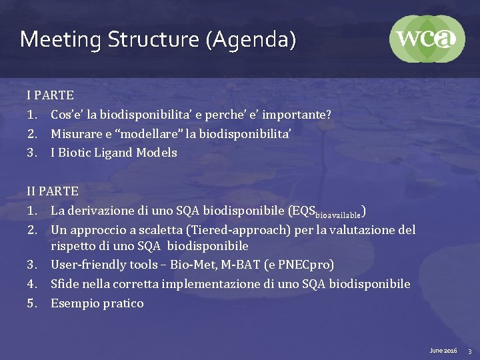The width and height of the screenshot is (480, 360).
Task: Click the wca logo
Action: [x=427, y=39]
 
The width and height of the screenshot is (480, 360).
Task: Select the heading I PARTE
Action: [x=50, y=95]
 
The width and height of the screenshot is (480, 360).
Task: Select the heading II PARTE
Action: [x=53, y=191]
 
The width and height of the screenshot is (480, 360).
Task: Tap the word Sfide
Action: [x=65, y=284]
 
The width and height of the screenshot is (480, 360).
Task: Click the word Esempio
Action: [x=74, y=303]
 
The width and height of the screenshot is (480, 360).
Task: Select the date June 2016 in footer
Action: [x=443, y=350]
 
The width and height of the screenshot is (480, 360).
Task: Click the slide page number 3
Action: [x=469, y=350]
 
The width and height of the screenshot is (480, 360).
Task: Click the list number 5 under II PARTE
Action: [x=31, y=303]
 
